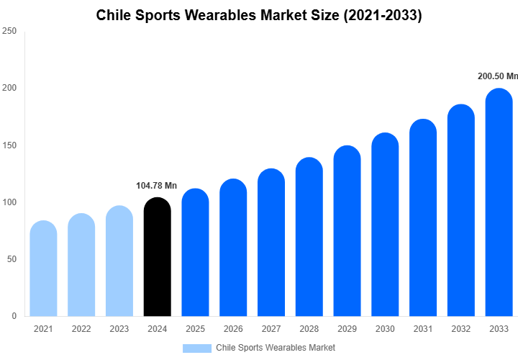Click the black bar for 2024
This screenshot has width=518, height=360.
pos(158,257)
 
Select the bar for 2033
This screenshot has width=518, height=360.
pos(499,202)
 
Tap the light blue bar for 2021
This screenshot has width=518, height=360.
pos(43,269)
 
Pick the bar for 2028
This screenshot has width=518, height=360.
pos(309,237)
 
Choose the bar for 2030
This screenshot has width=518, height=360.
pos(385,225)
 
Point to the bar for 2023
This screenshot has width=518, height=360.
pos(119,261)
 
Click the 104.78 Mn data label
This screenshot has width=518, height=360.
pos(158,186)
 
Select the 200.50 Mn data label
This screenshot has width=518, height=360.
pos(498,76)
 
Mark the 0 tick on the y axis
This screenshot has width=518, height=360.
pos(14,316)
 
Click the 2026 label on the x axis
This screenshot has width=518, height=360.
pos(233,329)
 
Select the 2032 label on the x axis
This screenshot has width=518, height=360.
pos(461,329)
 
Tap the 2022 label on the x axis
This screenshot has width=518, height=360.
pos(81,329)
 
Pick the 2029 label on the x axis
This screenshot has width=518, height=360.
pos(347,329)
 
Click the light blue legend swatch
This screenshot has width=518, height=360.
pos(196,348)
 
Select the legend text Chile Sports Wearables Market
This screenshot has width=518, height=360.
pos(276,348)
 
